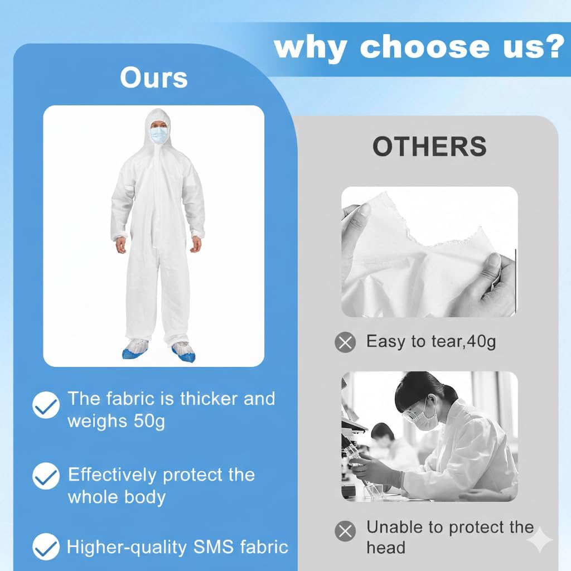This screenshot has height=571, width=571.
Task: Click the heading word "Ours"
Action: coord(153,78)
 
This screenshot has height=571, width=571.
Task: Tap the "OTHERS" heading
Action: coord(429,147)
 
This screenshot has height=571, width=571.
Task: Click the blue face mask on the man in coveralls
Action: coord(159,135)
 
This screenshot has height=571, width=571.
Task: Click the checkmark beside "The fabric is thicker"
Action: coord(46,405)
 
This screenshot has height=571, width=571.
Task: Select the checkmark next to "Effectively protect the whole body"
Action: coord(46,475)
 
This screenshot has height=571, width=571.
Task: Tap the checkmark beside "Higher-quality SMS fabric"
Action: coord(46,546)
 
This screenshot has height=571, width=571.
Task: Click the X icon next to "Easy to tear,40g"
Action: coord(346,342)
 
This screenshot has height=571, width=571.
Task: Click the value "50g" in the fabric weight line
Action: coord(149,421)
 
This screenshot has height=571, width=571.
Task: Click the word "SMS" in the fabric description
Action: coord(214,547)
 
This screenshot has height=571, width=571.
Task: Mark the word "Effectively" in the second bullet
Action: coord(112,475)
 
